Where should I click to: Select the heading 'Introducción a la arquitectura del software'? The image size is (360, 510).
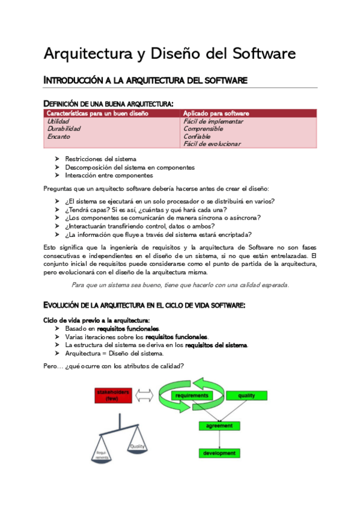[145, 81]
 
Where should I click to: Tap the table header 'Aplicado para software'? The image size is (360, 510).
[216, 113]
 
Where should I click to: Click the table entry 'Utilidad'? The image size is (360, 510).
[58, 121]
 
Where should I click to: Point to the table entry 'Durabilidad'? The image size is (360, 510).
[64, 129]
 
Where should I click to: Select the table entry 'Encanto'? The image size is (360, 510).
[58, 137]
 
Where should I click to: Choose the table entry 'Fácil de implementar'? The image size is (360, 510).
[213, 121]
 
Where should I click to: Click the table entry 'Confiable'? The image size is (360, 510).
[198, 137]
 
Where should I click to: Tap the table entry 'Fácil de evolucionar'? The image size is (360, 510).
[212, 144]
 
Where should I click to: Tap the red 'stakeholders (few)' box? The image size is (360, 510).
[112, 396]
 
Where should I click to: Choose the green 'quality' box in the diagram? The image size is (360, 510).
[246, 396]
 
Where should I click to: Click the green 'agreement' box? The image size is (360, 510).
[219, 425]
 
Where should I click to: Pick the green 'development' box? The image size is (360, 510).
[219, 453]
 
